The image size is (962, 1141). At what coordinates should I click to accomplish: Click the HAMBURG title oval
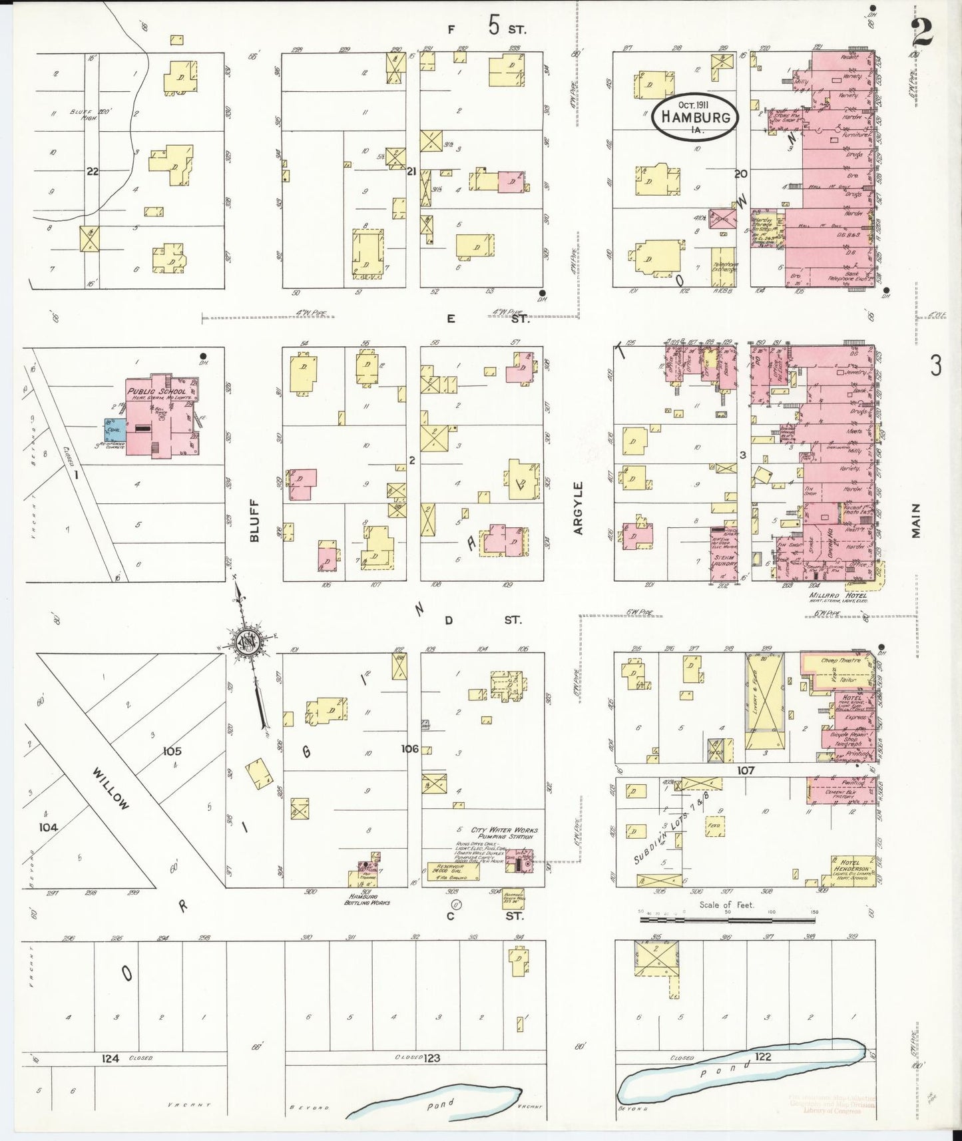point(695,116)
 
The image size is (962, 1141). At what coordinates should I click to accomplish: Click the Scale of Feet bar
point(727,919)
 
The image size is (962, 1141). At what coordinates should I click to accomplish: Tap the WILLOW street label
point(111,789)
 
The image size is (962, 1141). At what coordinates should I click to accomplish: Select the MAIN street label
point(916,521)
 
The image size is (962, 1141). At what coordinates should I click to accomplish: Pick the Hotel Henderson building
point(853,869)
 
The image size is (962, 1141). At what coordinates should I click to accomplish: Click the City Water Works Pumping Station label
point(504,833)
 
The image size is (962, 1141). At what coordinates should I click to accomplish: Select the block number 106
point(409,749)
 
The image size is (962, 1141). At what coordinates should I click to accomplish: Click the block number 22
point(92,171)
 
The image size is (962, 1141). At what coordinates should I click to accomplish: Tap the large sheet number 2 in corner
point(923,31)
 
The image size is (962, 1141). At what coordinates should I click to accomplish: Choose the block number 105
point(172,751)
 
